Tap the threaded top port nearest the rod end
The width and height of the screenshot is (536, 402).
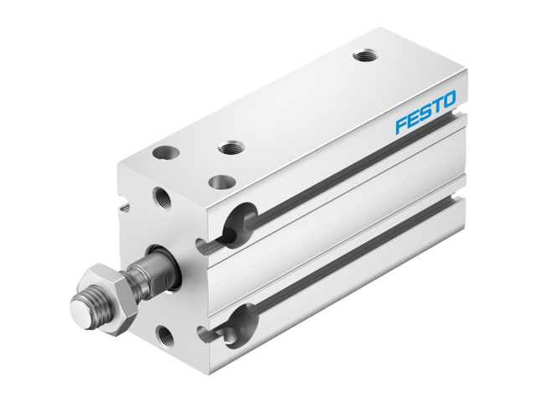pyautogui.click(x=230, y=147)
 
